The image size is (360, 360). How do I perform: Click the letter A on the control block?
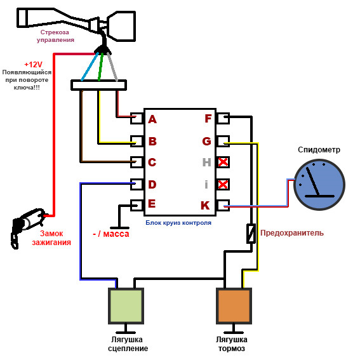coord(152,119)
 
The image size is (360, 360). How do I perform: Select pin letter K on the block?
coord(205,205)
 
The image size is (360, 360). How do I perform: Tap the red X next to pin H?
coord(223,162)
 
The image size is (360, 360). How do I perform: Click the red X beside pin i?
coord(223,184)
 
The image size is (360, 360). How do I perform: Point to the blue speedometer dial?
coord(319,185)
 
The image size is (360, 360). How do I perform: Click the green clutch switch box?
coord(126,306)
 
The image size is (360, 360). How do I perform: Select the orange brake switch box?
coord(234,306)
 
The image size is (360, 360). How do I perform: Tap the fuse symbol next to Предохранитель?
coord(251,233)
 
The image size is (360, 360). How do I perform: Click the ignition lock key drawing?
coord(27,226)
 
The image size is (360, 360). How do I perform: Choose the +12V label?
coord(33,65)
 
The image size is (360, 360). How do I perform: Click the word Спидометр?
coord(319,150)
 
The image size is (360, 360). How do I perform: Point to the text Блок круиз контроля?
coord(178,223)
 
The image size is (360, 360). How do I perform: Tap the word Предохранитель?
coord(292,233)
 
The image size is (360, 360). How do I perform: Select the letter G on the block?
coord(206,141)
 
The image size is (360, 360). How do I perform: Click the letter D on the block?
coord(152,184)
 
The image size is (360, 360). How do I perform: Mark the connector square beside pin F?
coord(223,118)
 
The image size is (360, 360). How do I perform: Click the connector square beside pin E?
coord(137,205)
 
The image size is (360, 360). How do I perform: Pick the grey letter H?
coord(206,162)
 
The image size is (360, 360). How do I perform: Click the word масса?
coord(116,234)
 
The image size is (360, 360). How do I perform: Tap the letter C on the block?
coord(152,162)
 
